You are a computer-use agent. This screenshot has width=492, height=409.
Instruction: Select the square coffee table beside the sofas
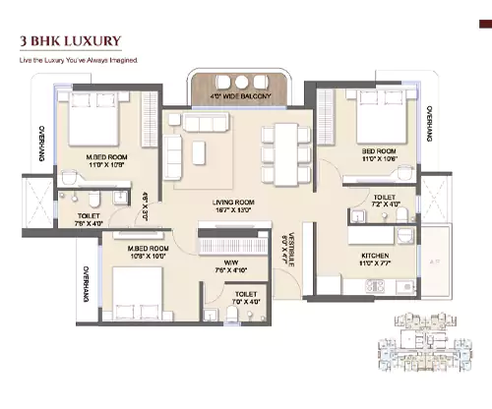[200, 149]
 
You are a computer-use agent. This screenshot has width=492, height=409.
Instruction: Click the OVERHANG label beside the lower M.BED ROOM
[86, 284]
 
